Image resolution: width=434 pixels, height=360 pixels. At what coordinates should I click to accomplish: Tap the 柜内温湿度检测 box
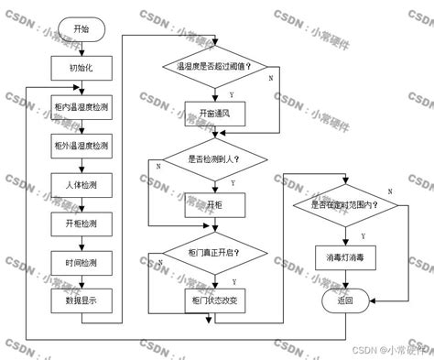(x=81, y=107)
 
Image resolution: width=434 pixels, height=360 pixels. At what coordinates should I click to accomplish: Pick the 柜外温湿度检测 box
(x=81, y=146)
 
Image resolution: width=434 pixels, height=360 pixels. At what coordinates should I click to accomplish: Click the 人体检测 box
(x=81, y=185)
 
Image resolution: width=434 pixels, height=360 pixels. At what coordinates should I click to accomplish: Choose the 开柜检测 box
(x=81, y=224)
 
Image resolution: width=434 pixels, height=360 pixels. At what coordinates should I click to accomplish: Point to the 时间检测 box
(x=81, y=263)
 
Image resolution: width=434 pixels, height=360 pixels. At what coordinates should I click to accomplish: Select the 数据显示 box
(x=81, y=301)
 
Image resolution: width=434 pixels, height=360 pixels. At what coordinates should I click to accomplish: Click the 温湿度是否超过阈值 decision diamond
(x=213, y=67)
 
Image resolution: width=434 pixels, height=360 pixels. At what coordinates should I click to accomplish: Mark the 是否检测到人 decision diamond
(x=214, y=158)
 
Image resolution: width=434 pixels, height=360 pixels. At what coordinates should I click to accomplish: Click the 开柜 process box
(x=214, y=205)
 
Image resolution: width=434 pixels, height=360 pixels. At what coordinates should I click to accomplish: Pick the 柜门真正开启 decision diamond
(x=214, y=251)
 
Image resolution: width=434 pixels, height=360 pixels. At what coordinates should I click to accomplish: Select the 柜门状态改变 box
(x=214, y=300)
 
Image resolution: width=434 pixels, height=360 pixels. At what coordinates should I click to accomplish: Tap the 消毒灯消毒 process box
(x=346, y=259)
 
